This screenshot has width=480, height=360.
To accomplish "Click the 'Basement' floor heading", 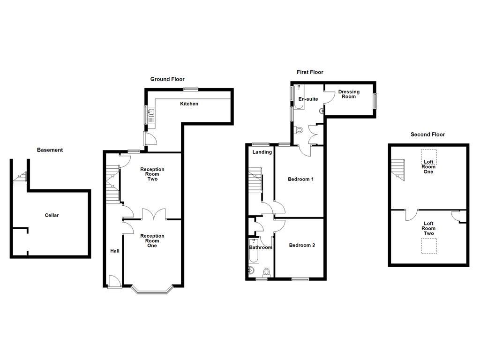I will coord(50,150).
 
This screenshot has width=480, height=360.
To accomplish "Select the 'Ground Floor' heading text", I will coord(167,79).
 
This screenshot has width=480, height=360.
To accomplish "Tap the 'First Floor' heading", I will coord(310,72).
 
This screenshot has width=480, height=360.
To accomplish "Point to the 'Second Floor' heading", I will coord(427,135).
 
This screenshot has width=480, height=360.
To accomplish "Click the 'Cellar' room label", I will coord(52,215).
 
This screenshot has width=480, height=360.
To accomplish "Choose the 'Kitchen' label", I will coord(189,104).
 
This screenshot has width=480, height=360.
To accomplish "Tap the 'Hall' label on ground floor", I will coord(115,251).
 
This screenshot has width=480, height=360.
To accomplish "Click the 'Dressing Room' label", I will coord(349,94).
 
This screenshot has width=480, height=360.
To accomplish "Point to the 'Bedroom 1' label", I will coord(300,179).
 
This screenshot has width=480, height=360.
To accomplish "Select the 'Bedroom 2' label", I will coord(301,245).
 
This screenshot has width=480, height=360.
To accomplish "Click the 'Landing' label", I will coord(262,152).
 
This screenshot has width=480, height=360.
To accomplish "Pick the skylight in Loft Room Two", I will coord(428,246).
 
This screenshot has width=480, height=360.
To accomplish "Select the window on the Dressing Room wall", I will coord(375,101).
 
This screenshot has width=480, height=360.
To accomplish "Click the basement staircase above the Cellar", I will coord(20,176).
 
